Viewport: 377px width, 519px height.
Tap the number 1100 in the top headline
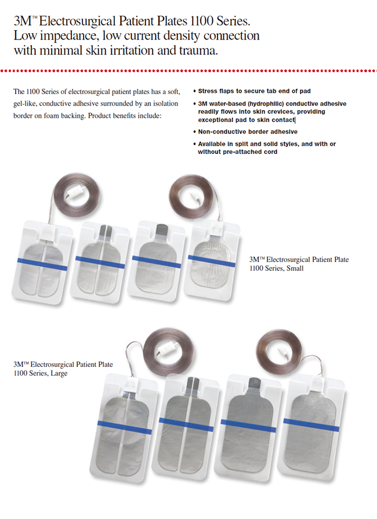202,21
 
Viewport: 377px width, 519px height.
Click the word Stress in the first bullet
207,91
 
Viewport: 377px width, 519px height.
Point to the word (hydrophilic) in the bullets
266,103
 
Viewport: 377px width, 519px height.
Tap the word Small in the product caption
295,268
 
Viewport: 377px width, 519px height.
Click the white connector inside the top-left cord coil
75,192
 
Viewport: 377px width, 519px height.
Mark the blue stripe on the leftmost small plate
42,265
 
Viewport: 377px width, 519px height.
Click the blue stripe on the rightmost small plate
212,261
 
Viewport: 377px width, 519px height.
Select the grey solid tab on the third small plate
162,229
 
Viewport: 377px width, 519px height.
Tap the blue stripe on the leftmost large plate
125,427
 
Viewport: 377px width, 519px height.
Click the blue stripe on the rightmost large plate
311,425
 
